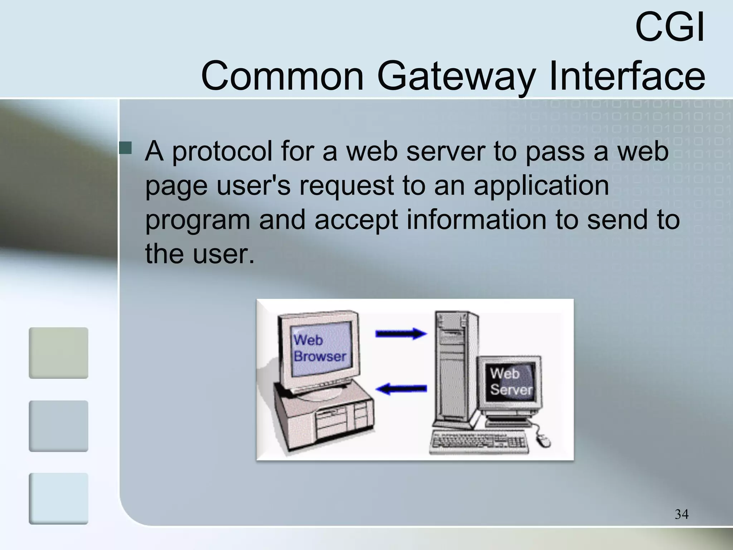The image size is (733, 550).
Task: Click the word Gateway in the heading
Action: click(456, 76)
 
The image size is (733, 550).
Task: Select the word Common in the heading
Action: click(282, 76)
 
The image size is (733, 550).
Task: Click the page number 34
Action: click(681, 514)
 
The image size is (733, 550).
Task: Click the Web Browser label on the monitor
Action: click(319, 348)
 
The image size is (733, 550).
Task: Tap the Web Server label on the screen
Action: click(510, 382)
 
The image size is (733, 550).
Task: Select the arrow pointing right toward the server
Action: click(401, 334)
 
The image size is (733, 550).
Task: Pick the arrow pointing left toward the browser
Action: click(401, 389)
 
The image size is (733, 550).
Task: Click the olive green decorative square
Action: click(58, 353)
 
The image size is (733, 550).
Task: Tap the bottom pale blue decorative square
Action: click(58, 498)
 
